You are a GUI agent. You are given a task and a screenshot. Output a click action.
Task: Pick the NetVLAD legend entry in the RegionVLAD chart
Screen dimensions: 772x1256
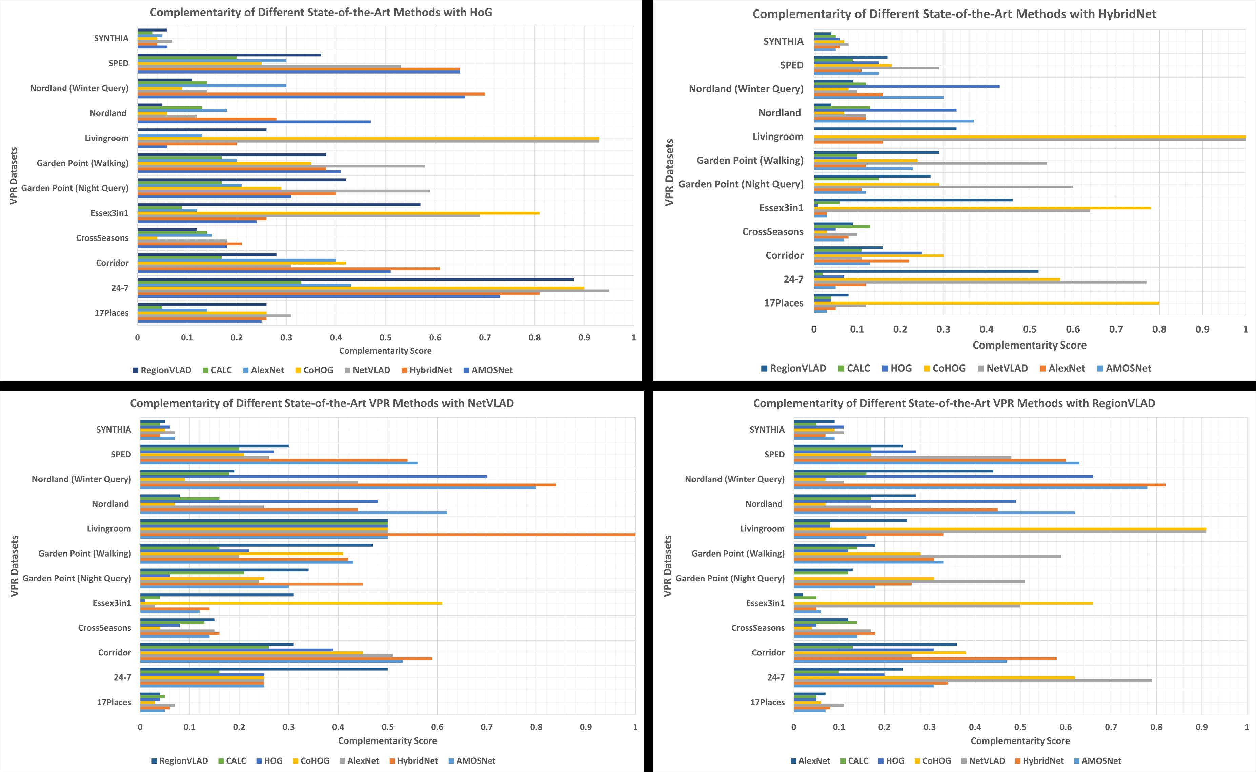click(x=986, y=761)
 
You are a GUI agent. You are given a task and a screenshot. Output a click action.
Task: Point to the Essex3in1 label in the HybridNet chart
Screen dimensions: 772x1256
click(x=781, y=208)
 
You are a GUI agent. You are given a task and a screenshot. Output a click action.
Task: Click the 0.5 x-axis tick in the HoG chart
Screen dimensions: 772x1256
click(x=386, y=337)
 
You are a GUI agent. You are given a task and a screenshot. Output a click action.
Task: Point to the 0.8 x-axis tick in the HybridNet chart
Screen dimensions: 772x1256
click(x=1159, y=329)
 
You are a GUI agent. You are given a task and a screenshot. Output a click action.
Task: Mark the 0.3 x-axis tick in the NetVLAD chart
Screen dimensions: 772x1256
click(x=289, y=727)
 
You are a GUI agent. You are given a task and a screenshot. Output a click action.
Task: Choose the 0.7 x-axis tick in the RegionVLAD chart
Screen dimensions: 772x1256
click(x=1111, y=727)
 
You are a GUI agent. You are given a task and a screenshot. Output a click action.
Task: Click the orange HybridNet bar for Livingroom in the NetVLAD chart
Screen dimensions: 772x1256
click(x=388, y=535)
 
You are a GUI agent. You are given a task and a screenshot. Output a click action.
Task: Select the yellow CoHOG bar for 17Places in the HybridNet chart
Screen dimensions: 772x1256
click(x=986, y=303)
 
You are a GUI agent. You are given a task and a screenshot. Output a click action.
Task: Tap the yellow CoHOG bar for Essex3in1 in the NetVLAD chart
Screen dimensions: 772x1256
click(x=291, y=603)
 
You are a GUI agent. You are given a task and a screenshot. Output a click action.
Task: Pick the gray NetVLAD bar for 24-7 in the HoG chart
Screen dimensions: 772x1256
click(x=373, y=291)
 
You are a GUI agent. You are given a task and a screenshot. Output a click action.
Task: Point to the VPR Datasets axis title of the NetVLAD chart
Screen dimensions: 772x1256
click(x=14, y=566)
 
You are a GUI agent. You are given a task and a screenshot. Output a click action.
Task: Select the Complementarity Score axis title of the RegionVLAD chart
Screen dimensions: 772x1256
click(x=1020, y=741)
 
